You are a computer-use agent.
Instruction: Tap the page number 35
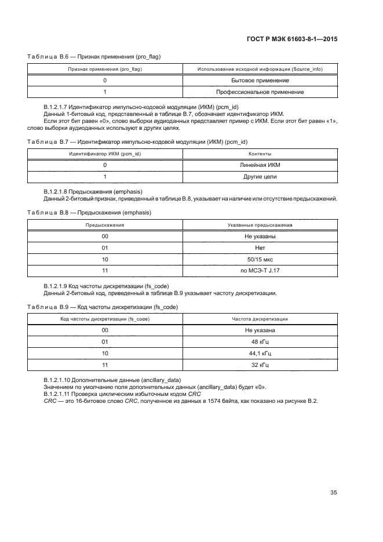[333, 493]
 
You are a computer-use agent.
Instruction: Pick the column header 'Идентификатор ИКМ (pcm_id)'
[105, 154]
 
